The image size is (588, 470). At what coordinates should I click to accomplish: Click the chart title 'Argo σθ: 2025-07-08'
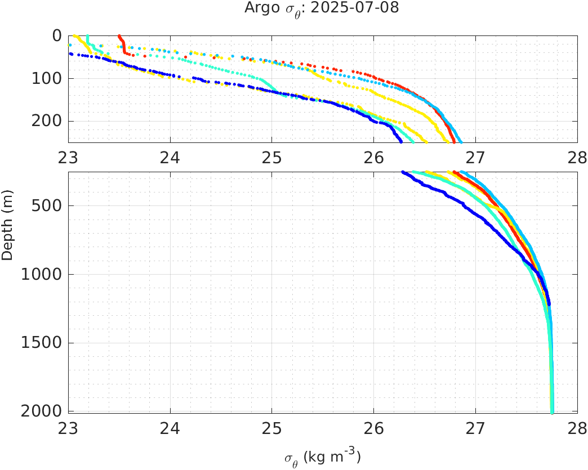click(322, 8)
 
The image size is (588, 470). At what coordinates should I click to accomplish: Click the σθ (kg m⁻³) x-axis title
click(322, 458)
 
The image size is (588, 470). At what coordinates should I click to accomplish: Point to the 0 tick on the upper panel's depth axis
click(57, 35)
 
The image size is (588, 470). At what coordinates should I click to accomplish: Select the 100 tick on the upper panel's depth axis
click(48, 78)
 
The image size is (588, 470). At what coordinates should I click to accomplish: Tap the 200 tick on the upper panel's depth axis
click(48, 121)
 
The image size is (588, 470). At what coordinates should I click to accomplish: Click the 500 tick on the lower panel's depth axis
click(48, 205)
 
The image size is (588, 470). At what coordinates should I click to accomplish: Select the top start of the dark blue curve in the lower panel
click(403, 172)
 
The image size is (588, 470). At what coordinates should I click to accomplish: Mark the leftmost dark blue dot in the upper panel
click(70, 54)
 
